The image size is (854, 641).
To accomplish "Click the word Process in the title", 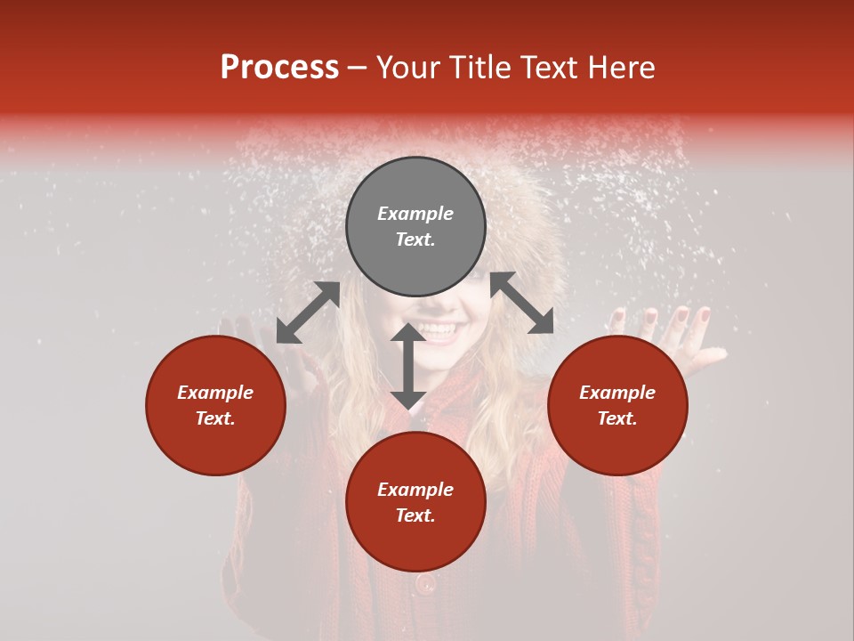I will point(279,68).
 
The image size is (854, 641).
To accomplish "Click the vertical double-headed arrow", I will point(408,366).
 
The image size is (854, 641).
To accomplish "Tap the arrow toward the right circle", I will point(522,303).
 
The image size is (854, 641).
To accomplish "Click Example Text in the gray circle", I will point(415,226).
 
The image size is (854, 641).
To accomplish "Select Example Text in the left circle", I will point(215,405).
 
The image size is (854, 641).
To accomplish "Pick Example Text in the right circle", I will point(617,405).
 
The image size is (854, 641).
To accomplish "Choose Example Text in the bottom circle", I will point(415,502).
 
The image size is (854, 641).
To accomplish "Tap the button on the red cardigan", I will point(425,584).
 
